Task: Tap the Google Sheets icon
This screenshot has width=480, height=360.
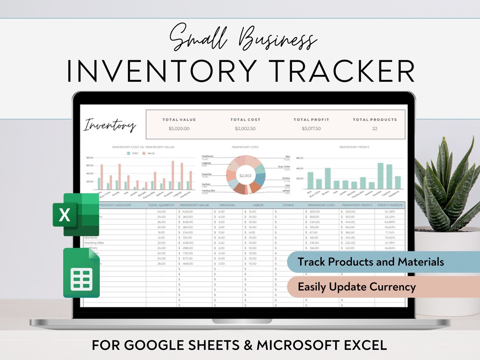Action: [x=82, y=273]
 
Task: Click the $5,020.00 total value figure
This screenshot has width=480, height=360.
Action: [x=179, y=129]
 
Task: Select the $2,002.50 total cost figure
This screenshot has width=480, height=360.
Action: [x=245, y=129]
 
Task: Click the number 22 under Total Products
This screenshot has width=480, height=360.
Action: [x=375, y=129]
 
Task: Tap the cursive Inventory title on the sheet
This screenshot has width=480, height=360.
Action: [x=110, y=125]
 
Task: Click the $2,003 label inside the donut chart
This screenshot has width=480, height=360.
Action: [x=245, y=175]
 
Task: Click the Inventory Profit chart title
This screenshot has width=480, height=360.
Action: [x=354, y=147]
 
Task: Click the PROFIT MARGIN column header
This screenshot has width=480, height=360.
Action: [x=390, y=205]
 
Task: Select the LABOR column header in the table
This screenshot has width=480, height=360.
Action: [x=258, y=205]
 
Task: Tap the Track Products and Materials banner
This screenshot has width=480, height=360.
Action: [x=371, y=262]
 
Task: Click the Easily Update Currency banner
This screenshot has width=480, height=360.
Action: [x=357, y=287]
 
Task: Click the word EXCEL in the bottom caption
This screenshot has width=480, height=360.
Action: [x=364, y=346]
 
